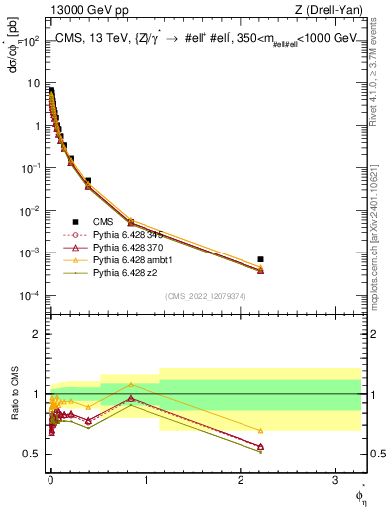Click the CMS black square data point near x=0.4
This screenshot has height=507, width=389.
[88, 181]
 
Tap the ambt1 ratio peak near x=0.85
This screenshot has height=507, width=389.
[131, 384]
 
